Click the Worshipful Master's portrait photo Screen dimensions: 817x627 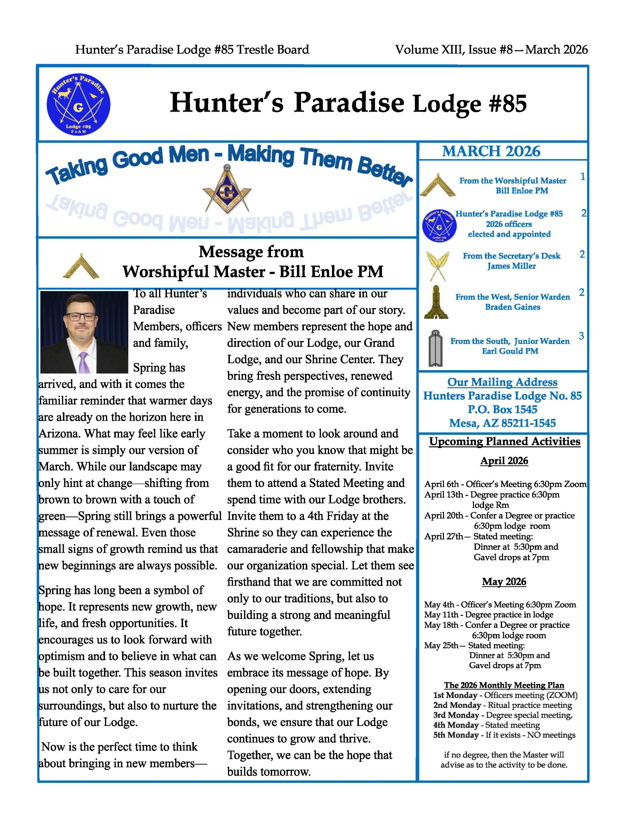(84, 332)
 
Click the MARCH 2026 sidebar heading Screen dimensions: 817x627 (491, 151)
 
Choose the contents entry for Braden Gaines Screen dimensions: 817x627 (513, 307)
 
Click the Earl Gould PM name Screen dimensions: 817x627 (510, 351)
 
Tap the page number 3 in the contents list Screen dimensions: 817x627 (581, 336)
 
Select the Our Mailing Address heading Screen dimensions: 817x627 (502, 382)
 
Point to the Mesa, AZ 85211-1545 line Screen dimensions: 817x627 (502, 423)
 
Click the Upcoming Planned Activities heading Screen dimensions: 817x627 (505, 441)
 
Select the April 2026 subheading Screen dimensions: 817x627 (504, 461)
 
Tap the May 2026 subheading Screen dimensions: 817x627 (504, 581)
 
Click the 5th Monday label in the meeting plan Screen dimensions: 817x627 (456, 735)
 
